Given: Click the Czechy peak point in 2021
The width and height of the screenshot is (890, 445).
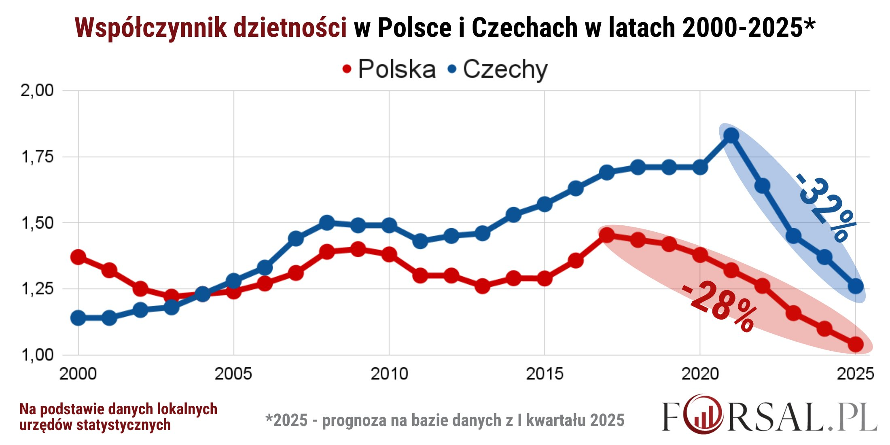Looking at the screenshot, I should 731,135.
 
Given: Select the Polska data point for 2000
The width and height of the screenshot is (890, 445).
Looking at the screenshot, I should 78,257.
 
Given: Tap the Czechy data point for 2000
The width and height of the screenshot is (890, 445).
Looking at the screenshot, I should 78,318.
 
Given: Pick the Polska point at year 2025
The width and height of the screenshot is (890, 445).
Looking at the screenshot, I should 855,344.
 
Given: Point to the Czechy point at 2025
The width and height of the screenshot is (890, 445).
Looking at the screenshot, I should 855,286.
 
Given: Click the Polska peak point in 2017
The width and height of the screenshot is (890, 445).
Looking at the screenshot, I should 606,235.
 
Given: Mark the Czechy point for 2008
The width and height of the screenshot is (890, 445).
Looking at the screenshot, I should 327,222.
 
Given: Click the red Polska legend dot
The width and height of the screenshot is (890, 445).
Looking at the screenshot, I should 347,69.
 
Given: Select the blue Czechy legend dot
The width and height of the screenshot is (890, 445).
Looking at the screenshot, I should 452,69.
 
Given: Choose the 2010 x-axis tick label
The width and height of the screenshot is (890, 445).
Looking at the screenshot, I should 389,373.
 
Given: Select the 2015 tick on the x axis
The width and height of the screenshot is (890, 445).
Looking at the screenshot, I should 545,373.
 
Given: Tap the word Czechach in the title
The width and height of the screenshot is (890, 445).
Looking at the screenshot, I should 525,28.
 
